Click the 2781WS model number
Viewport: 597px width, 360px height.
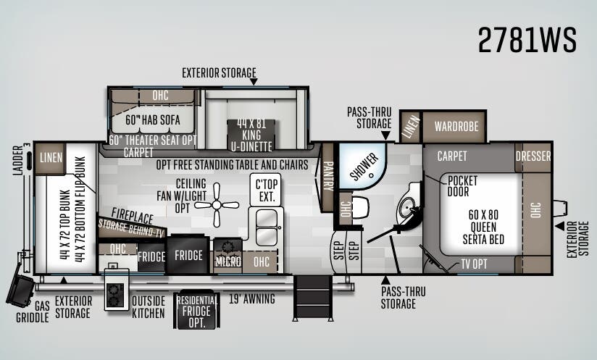[527, 40]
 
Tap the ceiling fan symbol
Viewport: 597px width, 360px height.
[217, 205]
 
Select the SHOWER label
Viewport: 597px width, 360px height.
[364, 167]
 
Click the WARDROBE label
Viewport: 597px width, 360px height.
[456, 126]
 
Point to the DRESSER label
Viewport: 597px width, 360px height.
[533, 156]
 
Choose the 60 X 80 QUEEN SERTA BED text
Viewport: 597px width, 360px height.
[483, 227]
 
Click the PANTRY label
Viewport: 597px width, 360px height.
[327, 176]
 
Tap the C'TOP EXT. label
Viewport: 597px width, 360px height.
[267, 191]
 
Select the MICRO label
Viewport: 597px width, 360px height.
[228, 261]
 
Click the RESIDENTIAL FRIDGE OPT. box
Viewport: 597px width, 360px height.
[196, 311]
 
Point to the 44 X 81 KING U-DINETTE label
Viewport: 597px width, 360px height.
[251, 135]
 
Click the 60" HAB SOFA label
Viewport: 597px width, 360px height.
[153, 120]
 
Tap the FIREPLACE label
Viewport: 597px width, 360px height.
[132, 216]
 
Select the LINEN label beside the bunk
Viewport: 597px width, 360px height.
[51, 158]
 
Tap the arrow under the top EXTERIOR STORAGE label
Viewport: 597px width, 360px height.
[254, 81]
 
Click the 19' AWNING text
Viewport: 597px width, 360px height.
[251, 298]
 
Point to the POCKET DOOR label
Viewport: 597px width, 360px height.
[462, 186]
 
